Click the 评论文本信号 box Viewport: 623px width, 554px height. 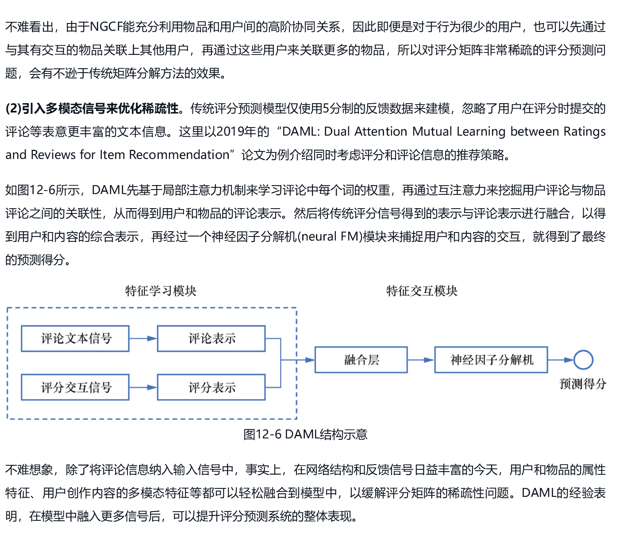pos(75,339)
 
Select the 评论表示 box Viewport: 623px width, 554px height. pos(211,339)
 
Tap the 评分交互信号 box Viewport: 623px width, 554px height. pos(75,387)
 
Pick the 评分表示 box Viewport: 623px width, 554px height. pos(211,387)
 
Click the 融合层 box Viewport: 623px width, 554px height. pos(361,360)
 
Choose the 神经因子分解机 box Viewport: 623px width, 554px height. pos(491,360)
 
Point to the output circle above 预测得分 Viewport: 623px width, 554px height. pos(583,360)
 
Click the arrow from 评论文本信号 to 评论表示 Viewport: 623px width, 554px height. pos(143,339)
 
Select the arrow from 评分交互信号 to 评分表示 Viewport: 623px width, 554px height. pos(143,387)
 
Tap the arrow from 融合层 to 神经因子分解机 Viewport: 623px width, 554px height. pos(421,360)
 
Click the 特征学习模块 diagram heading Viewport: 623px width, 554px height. pos(161,291)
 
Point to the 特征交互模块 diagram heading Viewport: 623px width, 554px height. pos(422,291)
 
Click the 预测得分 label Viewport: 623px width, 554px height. pos(583,384)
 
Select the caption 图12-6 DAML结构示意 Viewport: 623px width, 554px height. pos(305,434)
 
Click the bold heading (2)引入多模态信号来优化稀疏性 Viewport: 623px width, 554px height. pos(92,108)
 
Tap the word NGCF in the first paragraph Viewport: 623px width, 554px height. pos(106,27)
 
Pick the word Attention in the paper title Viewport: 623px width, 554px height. pos(380,132)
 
